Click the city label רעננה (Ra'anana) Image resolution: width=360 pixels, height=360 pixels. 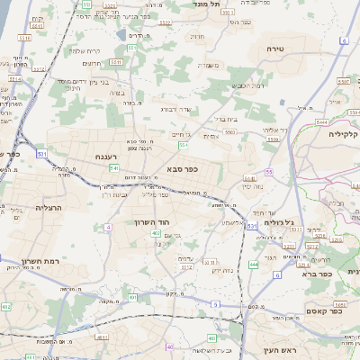click(109, 157)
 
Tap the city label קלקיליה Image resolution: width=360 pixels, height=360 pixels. click(344, 134)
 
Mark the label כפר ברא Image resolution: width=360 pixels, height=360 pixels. click(335, 272)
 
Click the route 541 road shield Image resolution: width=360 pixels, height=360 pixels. click(114, 167)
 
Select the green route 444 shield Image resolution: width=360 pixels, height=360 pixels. click(254, 265)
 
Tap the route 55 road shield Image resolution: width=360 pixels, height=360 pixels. click(268, 171)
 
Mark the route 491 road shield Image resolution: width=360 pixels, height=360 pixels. click(133, 297)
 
